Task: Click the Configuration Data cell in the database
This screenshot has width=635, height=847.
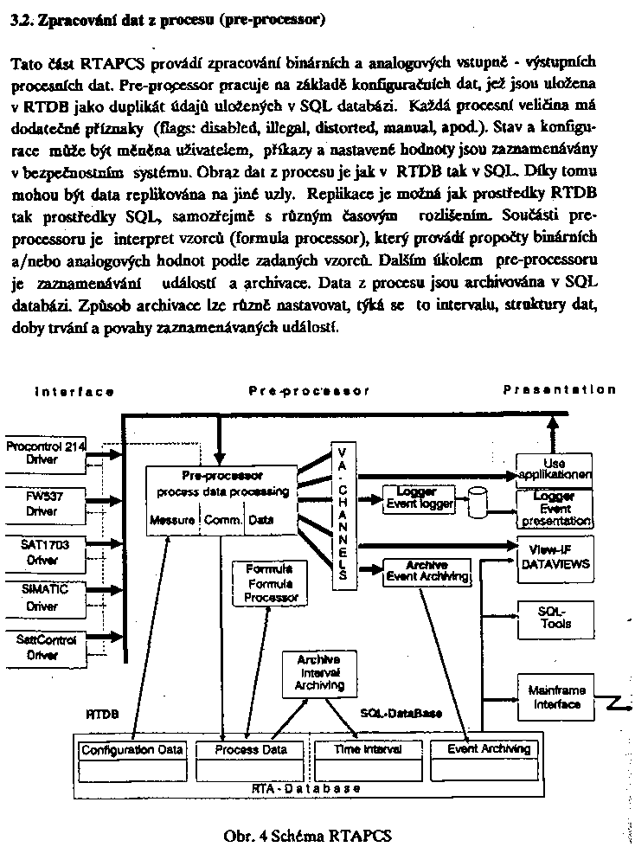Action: pyautogui.click(x=131, y=749)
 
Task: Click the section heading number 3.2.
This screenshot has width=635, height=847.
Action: pyautogui.click(x=19, y=20)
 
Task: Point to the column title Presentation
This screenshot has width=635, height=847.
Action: pyautogui.click(x=559, y=390)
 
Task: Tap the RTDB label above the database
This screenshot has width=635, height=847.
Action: pyautogui.click(x=102, y=715)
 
